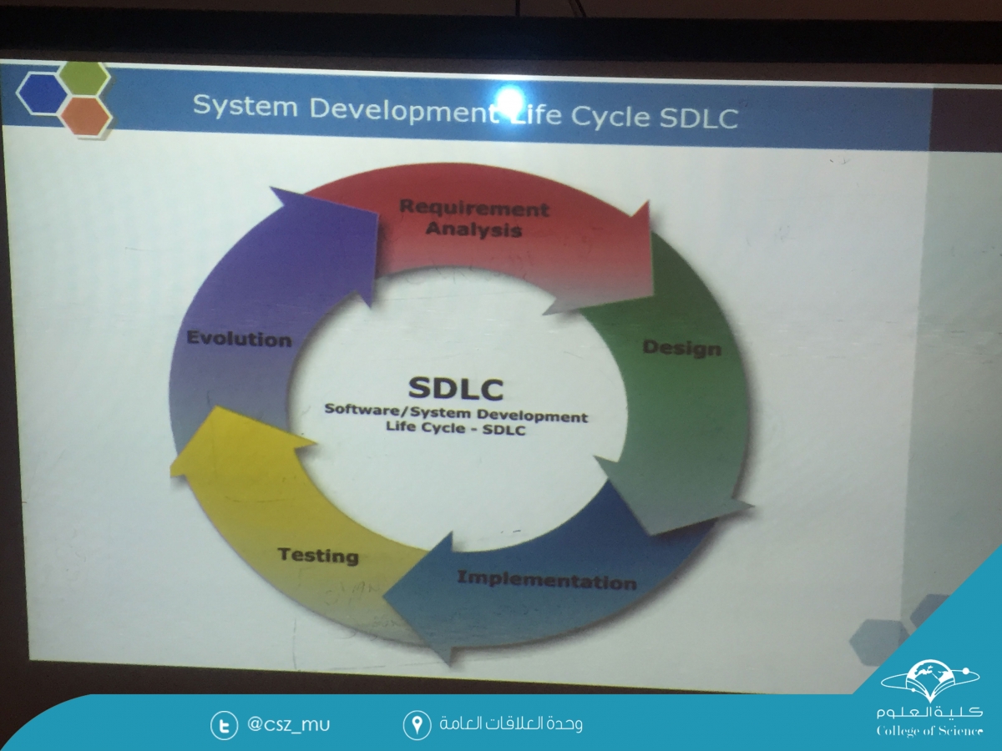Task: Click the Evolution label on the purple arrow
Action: point(239,340)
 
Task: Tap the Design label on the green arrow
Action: point(681,348)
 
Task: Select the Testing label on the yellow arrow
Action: point(318,556)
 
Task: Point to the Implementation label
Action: point(547,581)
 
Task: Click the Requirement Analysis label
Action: point(473,219)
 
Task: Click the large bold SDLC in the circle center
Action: point(456,389)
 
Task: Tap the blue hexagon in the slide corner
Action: point(41,94)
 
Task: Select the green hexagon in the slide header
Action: point(85,78)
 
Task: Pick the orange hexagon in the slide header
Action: point(86,116)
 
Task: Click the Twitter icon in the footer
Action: point(224,725)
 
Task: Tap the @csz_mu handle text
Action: point(289,724)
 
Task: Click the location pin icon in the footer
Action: point(417,724)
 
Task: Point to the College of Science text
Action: point(929,731)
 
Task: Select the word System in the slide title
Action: point(245,106)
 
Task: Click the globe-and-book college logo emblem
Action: point(929,681)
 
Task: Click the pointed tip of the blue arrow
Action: point(382,596)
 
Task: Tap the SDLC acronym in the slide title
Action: point(698,118)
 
